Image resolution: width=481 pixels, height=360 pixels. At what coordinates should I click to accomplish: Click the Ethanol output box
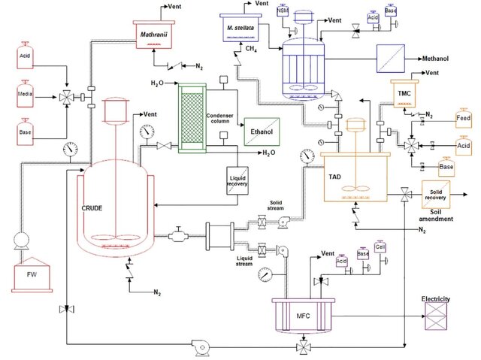260,132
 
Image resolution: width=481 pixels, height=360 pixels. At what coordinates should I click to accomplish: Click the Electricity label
435,299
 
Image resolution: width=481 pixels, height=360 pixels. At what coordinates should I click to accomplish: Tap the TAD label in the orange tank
334,175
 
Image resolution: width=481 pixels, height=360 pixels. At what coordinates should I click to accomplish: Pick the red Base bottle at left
25,128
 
